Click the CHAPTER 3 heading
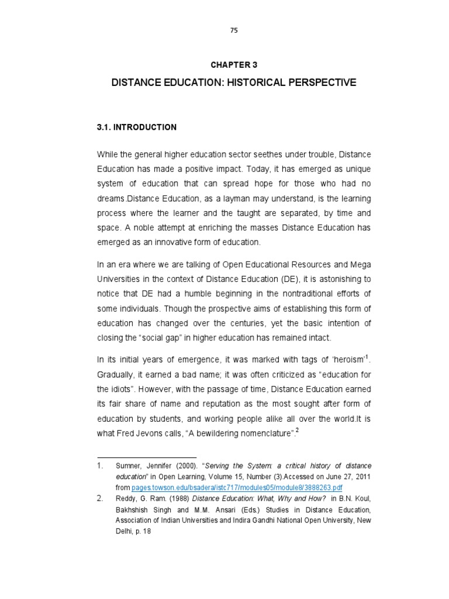tap(234, 65)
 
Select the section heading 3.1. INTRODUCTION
tap(136, 127)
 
